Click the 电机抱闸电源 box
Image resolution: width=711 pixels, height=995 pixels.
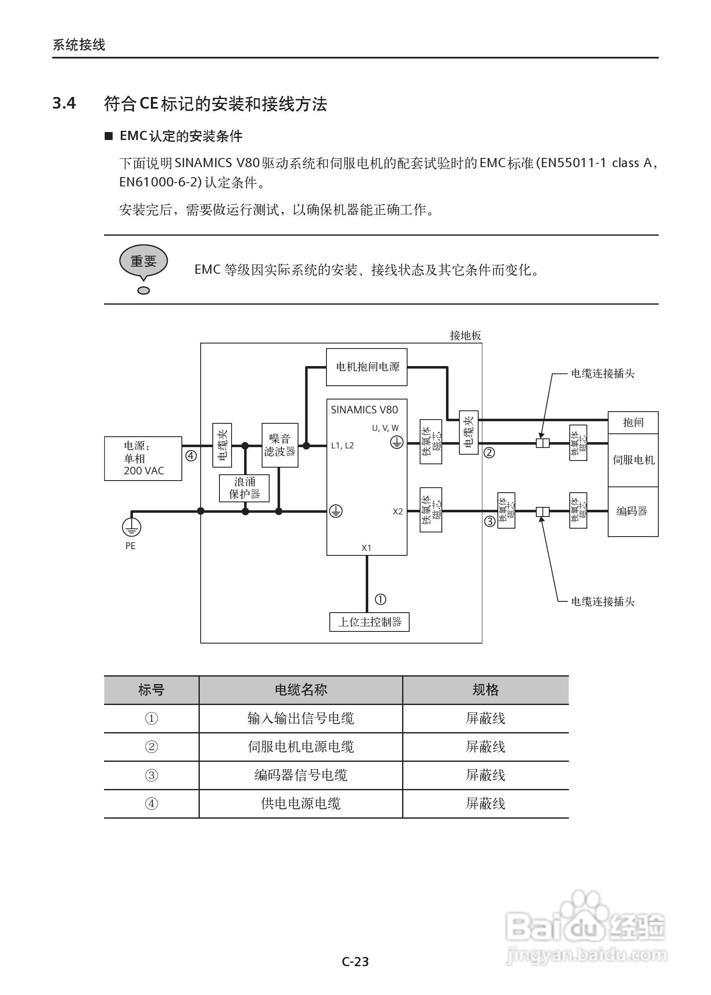(367, 367)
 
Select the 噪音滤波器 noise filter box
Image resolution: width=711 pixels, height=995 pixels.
(280, 445)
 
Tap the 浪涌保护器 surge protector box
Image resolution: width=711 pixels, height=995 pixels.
(244, 488)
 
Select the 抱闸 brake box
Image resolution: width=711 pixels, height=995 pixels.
(633, 422)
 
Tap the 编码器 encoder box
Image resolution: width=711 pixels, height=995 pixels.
(632, 511)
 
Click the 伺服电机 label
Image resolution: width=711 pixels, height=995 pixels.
(633, 460)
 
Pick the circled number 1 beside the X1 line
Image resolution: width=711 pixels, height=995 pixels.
(380, 599)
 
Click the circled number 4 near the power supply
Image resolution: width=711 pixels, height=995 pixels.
(191, 456)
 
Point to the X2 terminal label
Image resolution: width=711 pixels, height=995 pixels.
(398, 511)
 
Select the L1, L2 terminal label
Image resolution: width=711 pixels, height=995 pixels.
(342, 445)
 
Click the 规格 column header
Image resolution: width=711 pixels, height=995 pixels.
(485, 690)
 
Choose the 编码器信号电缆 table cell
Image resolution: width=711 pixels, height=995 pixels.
(301, 775)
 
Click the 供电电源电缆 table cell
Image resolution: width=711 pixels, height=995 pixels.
(301, 804)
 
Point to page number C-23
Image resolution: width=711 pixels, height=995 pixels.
(355, 962)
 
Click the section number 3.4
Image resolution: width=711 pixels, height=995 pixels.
(64, 103)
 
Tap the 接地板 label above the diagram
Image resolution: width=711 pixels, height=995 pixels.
(465, 336)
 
